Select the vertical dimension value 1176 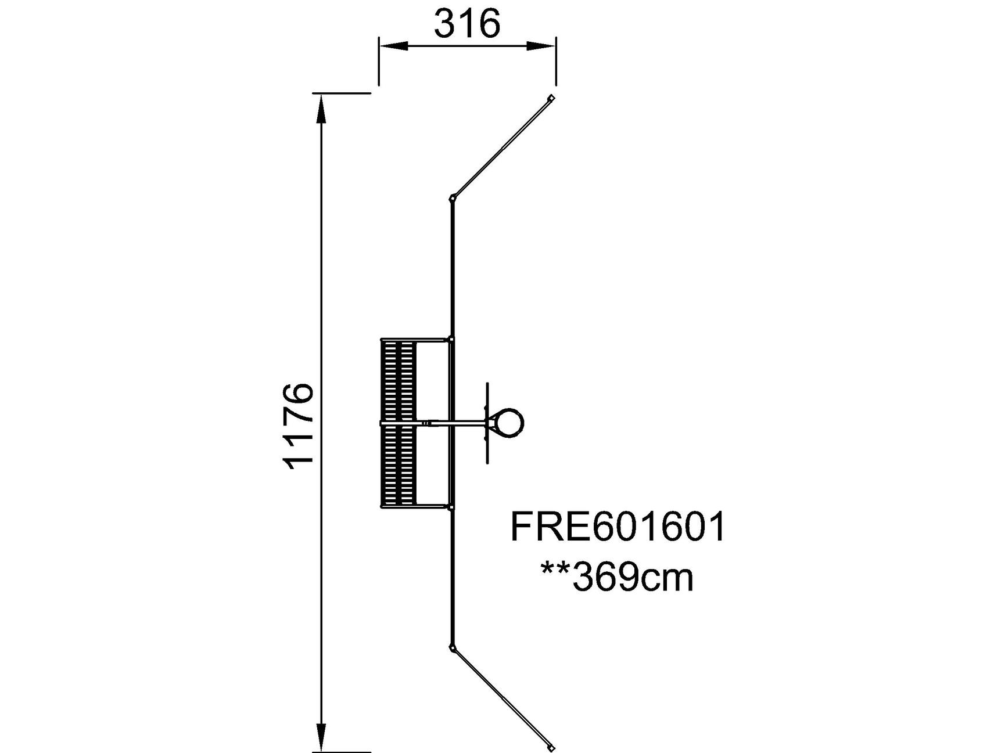(299, 426)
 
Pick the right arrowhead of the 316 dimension (541, 46)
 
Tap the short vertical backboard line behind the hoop (487, 423)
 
